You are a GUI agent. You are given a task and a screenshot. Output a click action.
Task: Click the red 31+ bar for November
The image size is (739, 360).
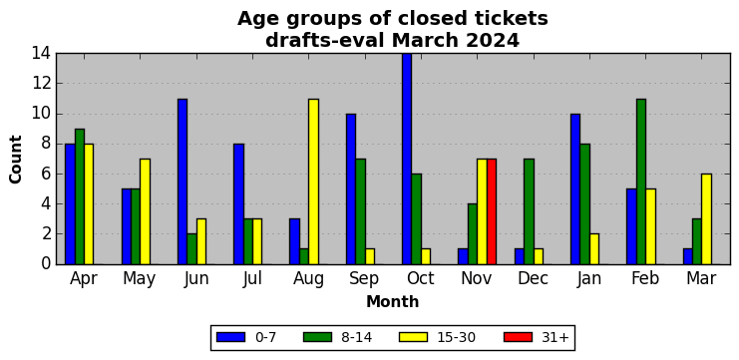click(492, 211)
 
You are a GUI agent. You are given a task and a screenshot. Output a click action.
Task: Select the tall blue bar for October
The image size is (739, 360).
click(407, 159)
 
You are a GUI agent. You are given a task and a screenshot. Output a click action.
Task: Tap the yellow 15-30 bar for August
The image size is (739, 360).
click(313, 181)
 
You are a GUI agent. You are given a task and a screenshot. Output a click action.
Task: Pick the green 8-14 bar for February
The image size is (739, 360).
click(641, 181)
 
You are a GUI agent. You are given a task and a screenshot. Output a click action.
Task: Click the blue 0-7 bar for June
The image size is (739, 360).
click(183, 181)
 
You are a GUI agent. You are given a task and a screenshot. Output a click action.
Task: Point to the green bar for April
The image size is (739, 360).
click(80, 196)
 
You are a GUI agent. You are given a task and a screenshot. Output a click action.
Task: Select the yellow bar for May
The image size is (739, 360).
click(146, 211)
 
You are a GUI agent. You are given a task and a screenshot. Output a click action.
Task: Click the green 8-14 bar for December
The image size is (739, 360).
click(530, 211)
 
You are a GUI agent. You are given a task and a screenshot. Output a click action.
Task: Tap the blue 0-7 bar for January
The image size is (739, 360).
click(575, 188)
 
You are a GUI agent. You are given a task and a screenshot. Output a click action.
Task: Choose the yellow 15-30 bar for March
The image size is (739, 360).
click(706, 219)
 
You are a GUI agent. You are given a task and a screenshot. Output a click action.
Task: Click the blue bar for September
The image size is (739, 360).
click(351, 188)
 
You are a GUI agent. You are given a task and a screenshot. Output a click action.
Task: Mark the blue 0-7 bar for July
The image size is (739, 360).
click(238, 204)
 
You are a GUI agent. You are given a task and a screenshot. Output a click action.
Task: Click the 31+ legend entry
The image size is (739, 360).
click(537, 337)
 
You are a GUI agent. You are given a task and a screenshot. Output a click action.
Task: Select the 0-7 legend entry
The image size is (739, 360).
click(246, 337)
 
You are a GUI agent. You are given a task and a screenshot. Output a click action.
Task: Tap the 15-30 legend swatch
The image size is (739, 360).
click(413, 337)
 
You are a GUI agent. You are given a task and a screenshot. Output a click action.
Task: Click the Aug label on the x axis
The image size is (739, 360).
click(309, 279)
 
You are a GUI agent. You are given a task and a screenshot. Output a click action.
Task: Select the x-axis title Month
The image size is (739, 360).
click(393, 301)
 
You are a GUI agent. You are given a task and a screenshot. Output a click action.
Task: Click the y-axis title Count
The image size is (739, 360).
click(16, 160)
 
